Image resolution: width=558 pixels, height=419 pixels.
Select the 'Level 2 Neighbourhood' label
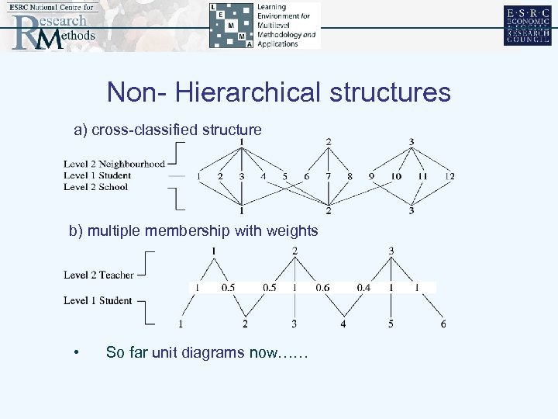pyautogui.click(x=115, y=164)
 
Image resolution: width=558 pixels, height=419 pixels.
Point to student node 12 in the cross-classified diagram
pyautogui.click(x=449, y=176)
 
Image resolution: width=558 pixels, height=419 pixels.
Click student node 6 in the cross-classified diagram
pyautogui.click(x=306, y=176)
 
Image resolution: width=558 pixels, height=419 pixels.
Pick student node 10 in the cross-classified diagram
pyautogui.click(x=396, y=176)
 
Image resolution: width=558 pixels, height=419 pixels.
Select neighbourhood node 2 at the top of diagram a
pyautogui.click(x=329, y=141)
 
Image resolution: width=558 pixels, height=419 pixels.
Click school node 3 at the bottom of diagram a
pyautogui.click(x=412, y=210)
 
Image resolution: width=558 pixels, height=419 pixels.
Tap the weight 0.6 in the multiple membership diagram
pyautogui.click(x=322, y=288)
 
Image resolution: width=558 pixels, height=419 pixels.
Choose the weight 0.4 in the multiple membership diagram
pyautogui.click(x=363, y=288)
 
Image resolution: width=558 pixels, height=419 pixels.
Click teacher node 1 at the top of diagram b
pyautogui.click(x=213, y=251)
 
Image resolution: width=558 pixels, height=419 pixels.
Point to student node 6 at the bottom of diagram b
pyautogui.click(x=443, y=324)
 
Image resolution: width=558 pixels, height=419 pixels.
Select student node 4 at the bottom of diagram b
pyautogui.click(x=343, y=324)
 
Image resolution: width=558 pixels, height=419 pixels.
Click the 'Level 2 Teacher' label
pyautogui.click(x=98, y=275)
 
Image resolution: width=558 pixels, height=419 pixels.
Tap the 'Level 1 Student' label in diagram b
pyautogui.click(x=98, y=300)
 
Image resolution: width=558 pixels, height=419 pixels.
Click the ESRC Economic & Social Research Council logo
pyautogui.click(x=527, y=25)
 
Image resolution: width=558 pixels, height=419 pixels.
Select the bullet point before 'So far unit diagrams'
pyautogui.click(x=76, y=353)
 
